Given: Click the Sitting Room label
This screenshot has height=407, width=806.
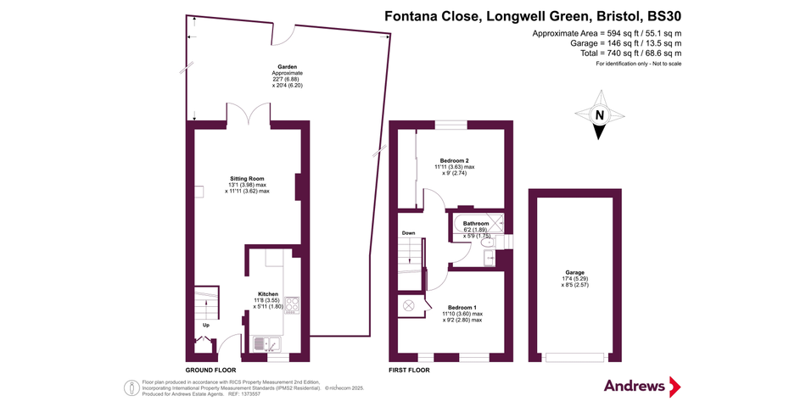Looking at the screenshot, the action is [247, 179].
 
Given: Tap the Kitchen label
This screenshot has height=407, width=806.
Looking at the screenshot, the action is [268, 294].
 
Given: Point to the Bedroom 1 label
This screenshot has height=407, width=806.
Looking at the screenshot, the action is [462, 307].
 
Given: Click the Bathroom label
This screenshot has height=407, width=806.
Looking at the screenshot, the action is [476, 224].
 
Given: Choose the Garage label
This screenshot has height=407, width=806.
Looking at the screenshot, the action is [574, 273].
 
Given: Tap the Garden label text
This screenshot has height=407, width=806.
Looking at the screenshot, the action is [288, 67].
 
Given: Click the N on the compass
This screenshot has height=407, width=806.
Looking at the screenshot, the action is [599, 115].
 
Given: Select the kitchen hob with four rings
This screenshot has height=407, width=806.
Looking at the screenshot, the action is [292, 304].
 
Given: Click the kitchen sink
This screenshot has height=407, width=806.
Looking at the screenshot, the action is [266, 343].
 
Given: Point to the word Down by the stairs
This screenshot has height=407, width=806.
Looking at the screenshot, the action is [408, 233].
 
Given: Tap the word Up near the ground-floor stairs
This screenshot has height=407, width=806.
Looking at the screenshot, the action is [206, 326].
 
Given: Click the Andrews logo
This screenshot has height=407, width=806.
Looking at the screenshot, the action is [642, 386].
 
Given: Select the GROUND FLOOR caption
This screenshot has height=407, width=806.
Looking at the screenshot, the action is [210, 370].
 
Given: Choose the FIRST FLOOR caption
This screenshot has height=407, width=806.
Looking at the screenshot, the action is [409, 370].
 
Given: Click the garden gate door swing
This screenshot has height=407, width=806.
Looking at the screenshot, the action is [283, 36].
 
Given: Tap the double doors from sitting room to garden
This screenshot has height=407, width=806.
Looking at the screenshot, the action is [249, 113].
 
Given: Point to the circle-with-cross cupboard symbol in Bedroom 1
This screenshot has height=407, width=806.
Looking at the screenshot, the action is [409, 304].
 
